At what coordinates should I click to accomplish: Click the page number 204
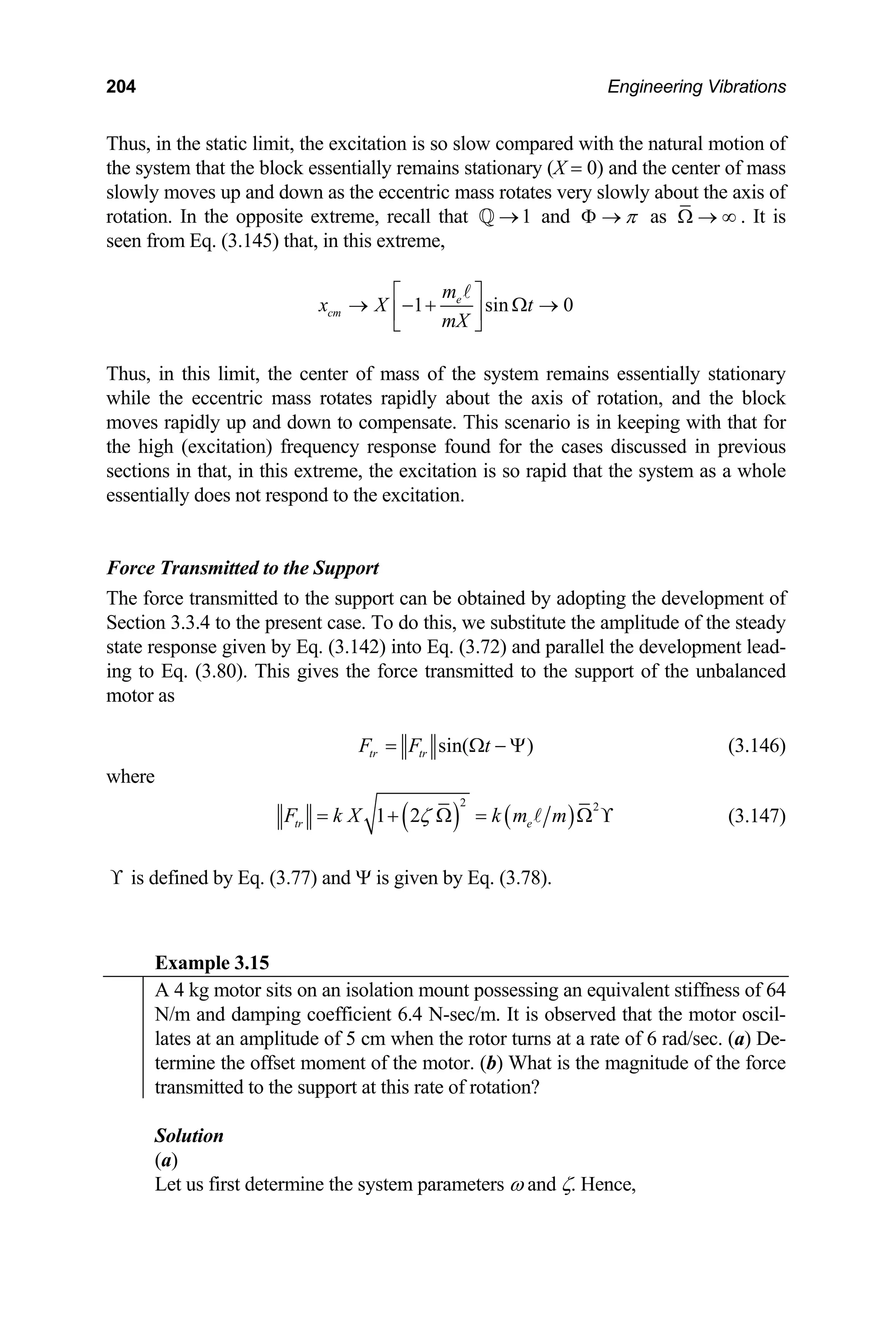(x=121, y=87)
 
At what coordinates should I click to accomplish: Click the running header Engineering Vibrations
(x=696, y=87)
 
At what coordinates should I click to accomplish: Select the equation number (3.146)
(x=757, y=745)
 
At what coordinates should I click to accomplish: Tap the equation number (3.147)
(x=757, y=817)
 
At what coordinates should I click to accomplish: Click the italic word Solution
(x=189, y=1136)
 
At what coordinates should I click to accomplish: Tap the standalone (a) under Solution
(x=166, y=1160)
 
